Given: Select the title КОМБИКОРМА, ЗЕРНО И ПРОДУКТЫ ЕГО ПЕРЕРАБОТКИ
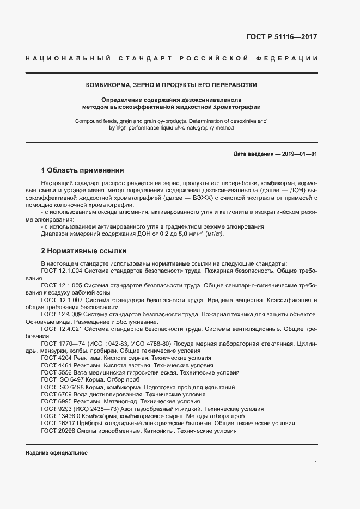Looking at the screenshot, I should click(x=172, y=85).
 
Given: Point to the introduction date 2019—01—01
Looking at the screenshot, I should click(x=297, y=154).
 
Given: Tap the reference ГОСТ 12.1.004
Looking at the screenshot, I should click(x=61, y=270).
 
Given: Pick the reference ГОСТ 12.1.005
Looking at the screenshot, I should click(x=61, y=285).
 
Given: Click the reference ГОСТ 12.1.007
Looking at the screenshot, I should click(x=61, y=299).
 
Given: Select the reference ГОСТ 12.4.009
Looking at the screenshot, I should click(x=61, y=314).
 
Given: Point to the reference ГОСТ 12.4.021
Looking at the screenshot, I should click(x=61, y=329).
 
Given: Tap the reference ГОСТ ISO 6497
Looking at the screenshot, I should click(x=61, y=379).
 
